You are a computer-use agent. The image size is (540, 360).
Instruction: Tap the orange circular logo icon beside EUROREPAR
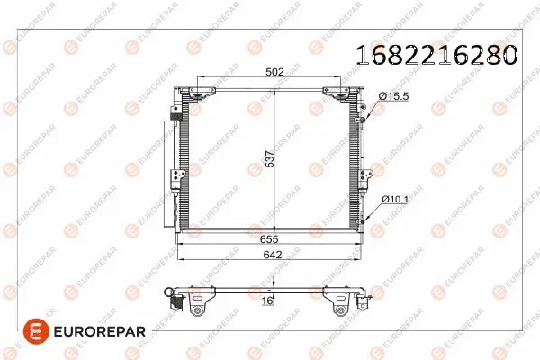19,332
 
